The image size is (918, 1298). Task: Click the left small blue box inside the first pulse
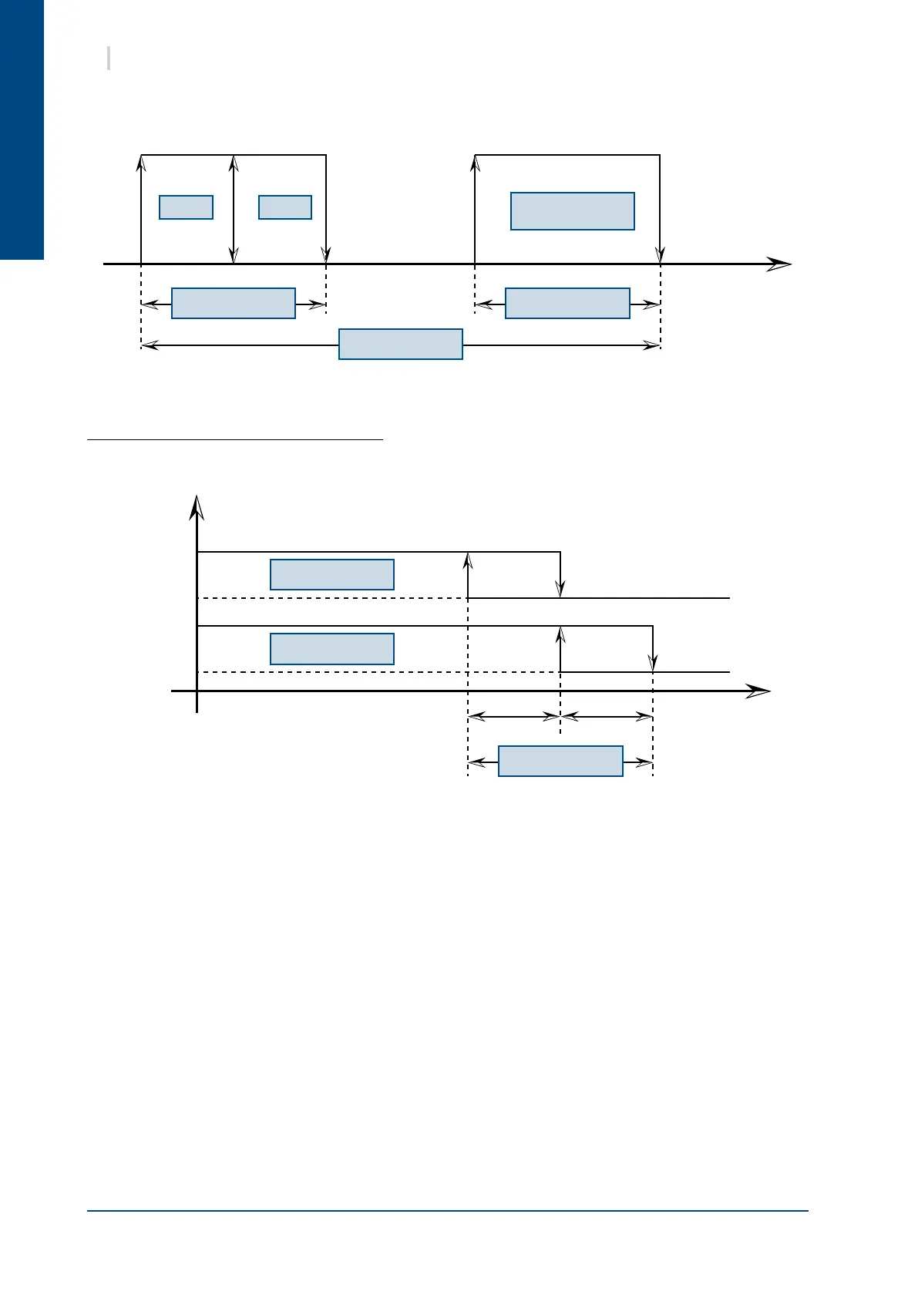point(186,207)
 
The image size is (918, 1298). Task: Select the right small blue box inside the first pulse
point(285,207)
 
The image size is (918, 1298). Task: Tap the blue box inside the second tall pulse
point(573,211)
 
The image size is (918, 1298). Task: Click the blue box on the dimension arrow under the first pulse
point(234,304)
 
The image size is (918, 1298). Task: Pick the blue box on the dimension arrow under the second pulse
point(567,304)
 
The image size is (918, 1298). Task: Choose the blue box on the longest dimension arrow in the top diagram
point(401,344)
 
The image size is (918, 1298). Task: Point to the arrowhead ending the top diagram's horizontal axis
point(780,264)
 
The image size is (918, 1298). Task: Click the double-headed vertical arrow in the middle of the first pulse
point(234,209)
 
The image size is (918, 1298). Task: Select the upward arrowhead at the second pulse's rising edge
point(475,163)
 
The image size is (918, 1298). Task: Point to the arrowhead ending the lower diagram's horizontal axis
point(759,691)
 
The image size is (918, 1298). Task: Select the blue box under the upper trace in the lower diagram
point(332,575)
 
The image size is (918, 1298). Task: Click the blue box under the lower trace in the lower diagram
point(332,649)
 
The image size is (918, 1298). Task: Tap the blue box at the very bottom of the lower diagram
point(560,761)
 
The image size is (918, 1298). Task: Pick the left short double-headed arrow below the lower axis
point(514,717)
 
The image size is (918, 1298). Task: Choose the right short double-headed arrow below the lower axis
point(607,717)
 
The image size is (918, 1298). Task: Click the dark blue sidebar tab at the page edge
point(22,129)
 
